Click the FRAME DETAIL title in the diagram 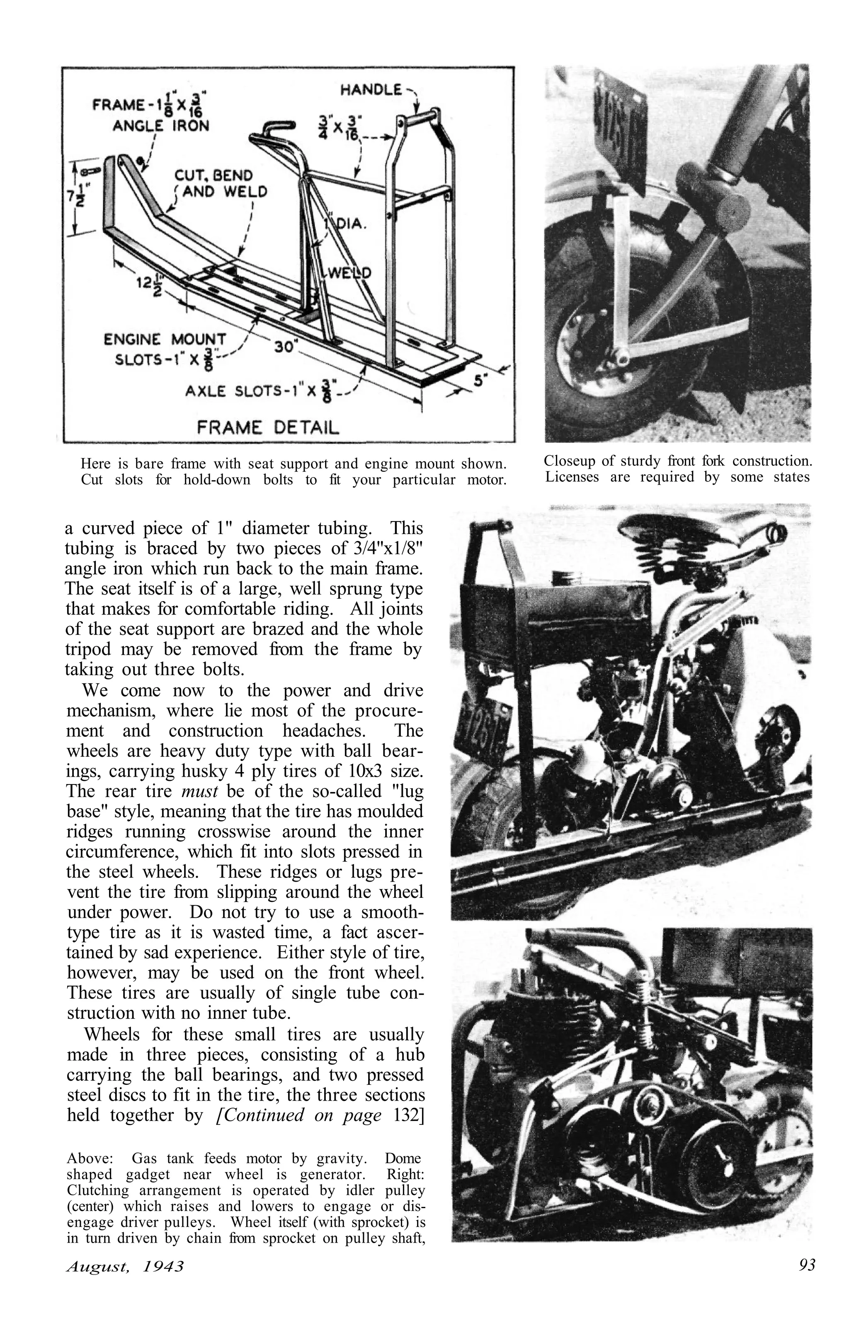268,427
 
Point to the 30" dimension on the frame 286,349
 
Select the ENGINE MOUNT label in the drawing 165,339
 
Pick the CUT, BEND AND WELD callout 221,183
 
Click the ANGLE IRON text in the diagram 160,126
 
